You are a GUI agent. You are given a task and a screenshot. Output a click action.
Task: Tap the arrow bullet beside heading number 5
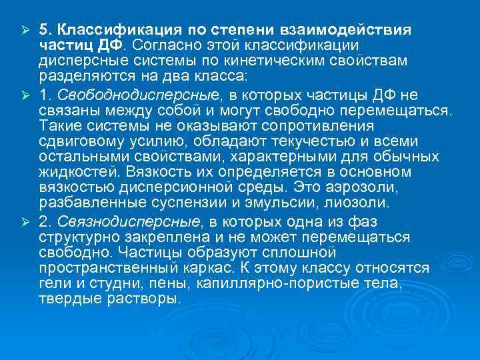coord(24,30)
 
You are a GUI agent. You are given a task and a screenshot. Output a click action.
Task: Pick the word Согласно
coord(163,44)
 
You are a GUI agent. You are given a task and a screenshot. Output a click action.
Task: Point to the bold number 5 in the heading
coord(43,30)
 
